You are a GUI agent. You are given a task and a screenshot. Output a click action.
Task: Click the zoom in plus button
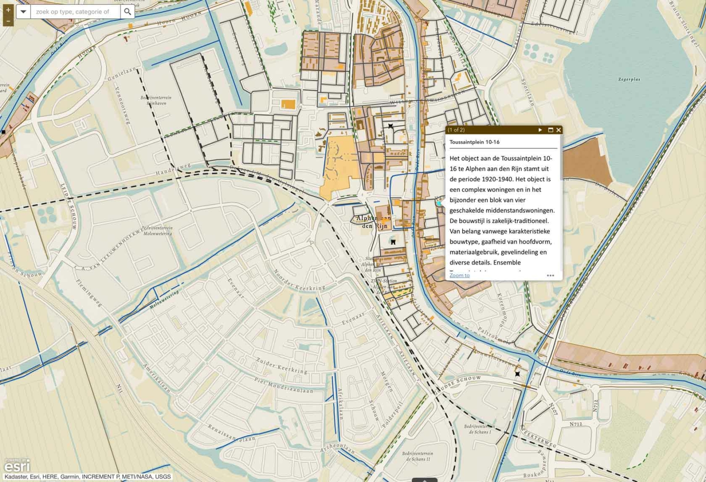pyautogui.click(x=8, y=10)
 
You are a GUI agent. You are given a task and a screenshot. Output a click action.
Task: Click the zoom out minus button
pyautogui.click(x=8, y=21)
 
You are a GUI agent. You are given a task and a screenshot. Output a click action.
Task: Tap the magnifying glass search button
pyautogui.click(x=128, y=12)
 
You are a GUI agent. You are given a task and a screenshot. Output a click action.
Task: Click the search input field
pyautogui.click(x=75, y=12)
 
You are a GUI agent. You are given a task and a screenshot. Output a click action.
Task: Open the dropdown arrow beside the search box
pyautogui.click(x=23, y=12)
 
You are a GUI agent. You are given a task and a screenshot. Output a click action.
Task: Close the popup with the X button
pyautogui.click(x=559, y=130)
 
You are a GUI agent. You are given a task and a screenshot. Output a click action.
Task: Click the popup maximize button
pyautogui.click(x=550, y=130)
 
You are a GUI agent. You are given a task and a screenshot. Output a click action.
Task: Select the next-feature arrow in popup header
pyautogui.click(x=540, y=130)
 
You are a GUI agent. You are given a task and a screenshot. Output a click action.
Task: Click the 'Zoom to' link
pyautogui.click(x=459, y=276)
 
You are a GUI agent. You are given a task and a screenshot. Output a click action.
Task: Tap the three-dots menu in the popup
pyautogui.click(x=550, y=276)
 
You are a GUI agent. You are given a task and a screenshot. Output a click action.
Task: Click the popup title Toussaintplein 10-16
pyautogui.click(x=474, y=142)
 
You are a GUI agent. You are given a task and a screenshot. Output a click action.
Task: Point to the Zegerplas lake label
pyautogui.click(x=629, y=79)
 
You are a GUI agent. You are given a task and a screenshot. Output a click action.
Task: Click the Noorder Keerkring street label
pyautogui.click(x=299, y=281)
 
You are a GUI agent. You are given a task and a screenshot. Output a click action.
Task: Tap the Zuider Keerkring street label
pyautogui.click(x=282, y=365)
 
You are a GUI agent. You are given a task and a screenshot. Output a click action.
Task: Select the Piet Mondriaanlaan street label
pyautogui.click(x=283, y=385)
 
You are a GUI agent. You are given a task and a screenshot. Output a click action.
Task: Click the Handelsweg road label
pyautogui.click(x=173, y=169)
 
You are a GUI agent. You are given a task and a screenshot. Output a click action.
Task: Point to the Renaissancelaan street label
pyautogui.click(x=232, y=432)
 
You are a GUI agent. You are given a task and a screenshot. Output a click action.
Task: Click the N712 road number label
pyautogui.click(x=576, y=424)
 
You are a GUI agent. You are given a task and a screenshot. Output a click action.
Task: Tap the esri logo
pyautogui.click(x=17, y=466)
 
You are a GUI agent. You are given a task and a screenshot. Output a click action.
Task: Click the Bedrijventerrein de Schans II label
pyautogui.click(x=418, y=456)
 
